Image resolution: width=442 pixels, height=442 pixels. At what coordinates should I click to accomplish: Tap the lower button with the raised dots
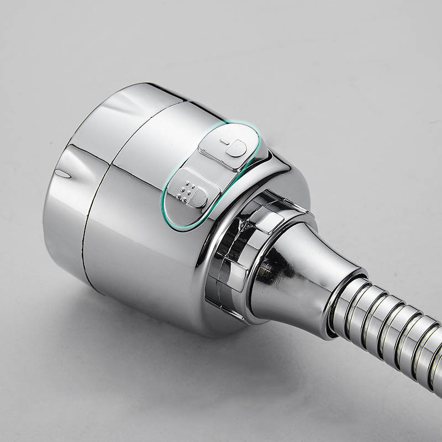click(190, 192)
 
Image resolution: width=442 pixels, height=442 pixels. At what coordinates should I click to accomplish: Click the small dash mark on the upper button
click(223, 141)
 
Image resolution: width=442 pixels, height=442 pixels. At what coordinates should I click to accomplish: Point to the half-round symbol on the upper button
click(238, 148)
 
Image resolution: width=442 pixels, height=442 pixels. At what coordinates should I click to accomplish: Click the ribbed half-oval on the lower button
click(199, 198)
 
